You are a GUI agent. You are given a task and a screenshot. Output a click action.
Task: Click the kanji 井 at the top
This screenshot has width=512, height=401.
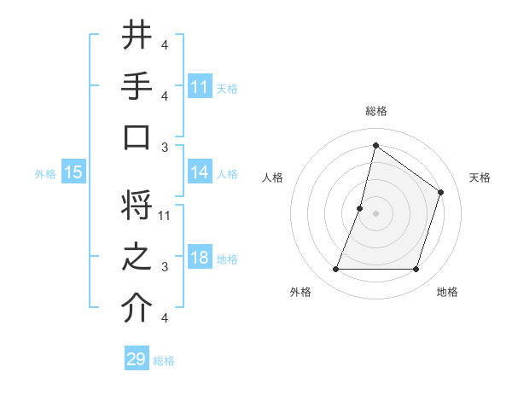coord(137,35)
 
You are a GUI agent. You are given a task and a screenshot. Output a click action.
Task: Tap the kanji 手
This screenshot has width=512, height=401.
coord(137,87)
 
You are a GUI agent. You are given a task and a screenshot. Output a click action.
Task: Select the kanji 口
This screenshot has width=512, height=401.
coord(137,138)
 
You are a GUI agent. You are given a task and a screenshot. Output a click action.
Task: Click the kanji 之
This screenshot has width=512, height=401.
coord(137,259)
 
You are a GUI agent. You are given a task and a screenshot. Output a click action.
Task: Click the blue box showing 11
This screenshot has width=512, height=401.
coord(200,87)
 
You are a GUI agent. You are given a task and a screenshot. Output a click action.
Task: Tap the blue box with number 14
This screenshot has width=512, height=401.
coord(200,172)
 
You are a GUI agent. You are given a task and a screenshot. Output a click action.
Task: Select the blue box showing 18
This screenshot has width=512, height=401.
coord(200,259)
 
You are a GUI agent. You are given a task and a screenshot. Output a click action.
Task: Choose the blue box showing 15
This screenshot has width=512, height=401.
coord(73,172)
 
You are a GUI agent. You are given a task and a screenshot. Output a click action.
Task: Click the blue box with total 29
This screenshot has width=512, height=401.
coord(137,359)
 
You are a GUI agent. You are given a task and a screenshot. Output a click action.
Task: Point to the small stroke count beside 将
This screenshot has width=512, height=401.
coord(166,215)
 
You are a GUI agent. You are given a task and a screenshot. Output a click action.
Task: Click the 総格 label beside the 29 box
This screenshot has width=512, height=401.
coord(164,360)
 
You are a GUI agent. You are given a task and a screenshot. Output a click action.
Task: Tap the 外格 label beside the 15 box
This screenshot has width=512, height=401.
coord(45,173)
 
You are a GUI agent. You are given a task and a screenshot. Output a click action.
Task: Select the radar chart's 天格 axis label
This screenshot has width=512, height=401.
coord(480,177)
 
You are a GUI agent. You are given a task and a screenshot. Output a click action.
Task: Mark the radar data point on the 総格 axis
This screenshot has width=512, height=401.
coord(375,145)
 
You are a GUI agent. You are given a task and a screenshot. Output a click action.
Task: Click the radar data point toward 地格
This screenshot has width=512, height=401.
coord(416,270)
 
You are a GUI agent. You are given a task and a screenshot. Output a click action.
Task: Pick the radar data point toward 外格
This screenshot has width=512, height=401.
coord(335,270)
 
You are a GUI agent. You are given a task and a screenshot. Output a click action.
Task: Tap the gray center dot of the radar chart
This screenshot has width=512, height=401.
coord(375,213)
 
